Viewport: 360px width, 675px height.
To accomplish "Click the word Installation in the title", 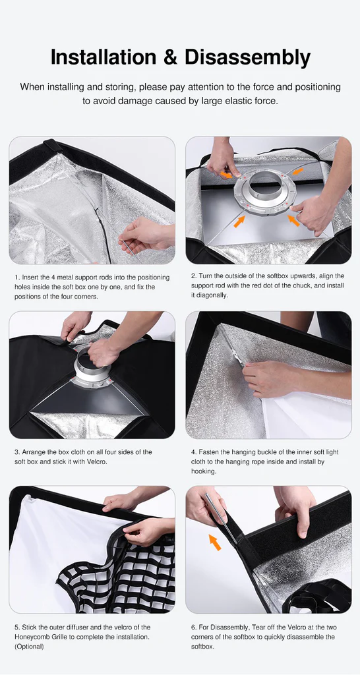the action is pyautogui.click(x=104, y=57).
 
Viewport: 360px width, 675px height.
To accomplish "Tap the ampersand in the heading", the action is pyautogui.click(x=171, y=58).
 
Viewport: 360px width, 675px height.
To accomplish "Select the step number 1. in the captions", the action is pyautogui.click(x=16, y=278).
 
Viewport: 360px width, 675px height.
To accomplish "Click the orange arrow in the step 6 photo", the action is pyautogui.click(x=215, y=542).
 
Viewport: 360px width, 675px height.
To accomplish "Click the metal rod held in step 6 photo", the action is pyautogui.click(x=220, y=513).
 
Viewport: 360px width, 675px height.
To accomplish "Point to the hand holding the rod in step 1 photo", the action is pyautogui.click(x=144, y=234).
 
